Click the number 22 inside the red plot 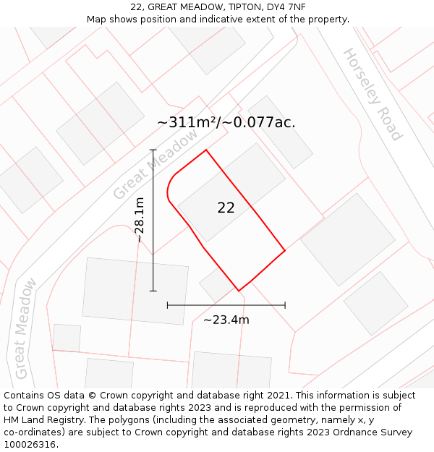[x=226, y=208]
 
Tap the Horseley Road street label [x=372, y=94]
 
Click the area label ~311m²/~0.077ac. [x=226, y=122]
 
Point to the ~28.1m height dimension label [x=140, y=219]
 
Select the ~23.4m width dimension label [x=226, y=320]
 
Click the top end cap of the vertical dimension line [x=153, y=150]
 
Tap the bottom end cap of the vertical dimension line [x=153, y=291]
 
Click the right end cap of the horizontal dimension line [x=285, y=305]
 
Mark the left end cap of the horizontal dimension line [x=168, y=305]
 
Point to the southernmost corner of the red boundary [x=239, y=291]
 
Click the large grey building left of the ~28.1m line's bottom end [x=135, y=291]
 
